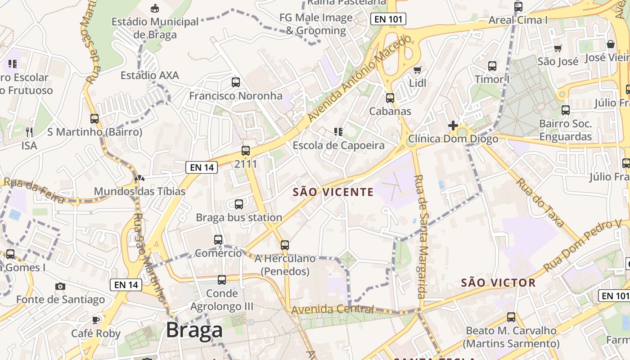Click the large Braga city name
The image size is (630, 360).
(194, 331)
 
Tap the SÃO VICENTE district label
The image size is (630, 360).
(333, 192)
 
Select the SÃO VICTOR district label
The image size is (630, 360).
(498, 283)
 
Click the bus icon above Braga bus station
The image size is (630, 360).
(239, 204)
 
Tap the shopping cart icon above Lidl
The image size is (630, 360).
(418, 70)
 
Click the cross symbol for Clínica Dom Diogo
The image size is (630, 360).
(453, 126)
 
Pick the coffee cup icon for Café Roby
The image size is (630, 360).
(95, 320)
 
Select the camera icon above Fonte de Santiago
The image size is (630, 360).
(60, 286)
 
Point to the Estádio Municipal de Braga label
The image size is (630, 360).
(155, 28)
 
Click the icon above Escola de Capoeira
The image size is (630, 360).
(338, 132)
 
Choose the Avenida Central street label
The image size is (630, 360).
(333, 310)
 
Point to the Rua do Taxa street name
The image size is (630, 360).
(540, 202)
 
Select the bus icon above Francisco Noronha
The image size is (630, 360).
(235, 82)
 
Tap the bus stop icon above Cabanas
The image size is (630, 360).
(390, 98)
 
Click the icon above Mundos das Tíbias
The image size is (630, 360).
(139, 179)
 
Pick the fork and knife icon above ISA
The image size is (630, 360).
(29, 132)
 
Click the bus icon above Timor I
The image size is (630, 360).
(492, 66)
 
